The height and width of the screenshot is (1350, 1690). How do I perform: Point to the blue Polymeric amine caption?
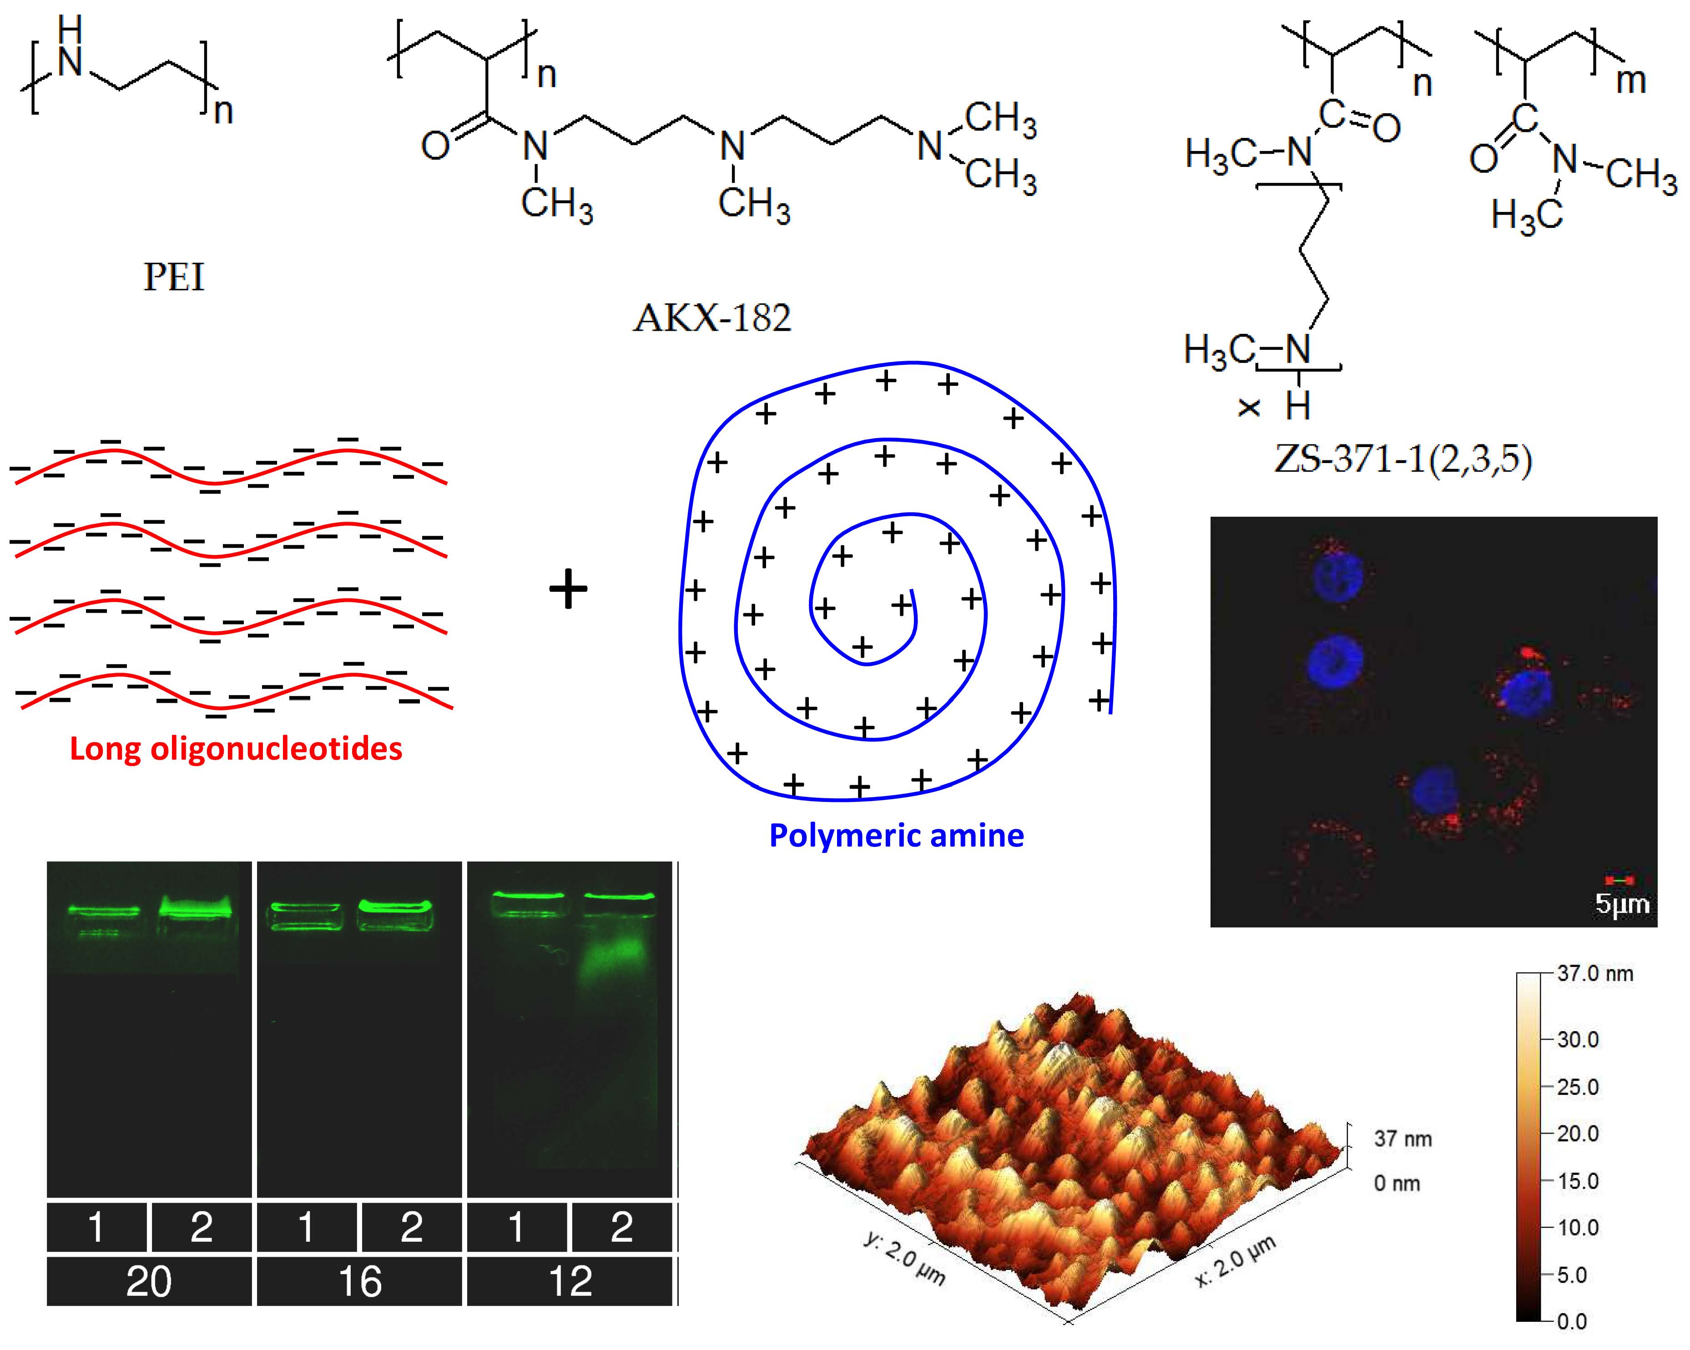tap(896, 835)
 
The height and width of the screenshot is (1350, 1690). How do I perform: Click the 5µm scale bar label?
tap(1621, 904)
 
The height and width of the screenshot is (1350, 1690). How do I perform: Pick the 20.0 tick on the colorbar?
tap(1577, 1133)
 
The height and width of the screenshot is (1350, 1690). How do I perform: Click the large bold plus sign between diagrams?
tap(568, 589)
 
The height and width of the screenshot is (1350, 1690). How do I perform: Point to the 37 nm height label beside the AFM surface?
tap(1402, 1139)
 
